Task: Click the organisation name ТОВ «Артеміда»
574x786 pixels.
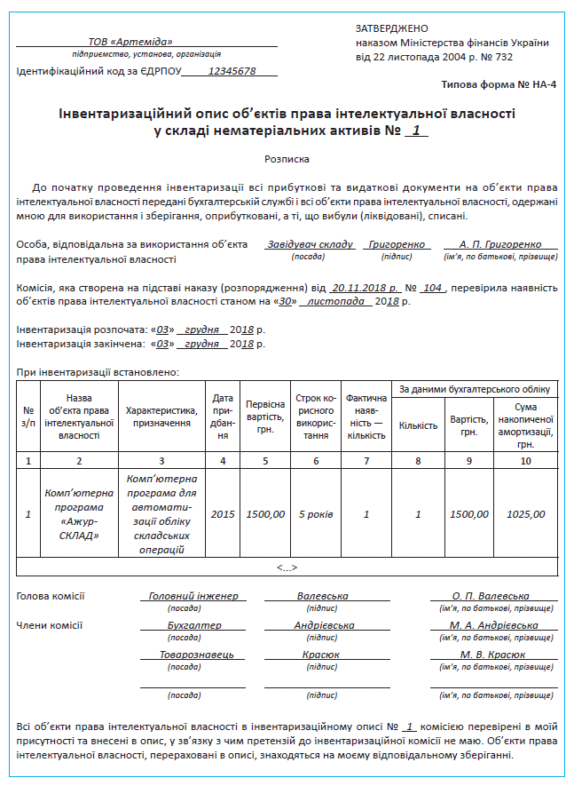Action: click(130, 42)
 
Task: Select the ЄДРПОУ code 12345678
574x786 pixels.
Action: click(231, 71)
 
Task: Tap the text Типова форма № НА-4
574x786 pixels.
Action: click(499, 84)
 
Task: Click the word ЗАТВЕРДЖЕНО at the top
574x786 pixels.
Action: click(391, 29)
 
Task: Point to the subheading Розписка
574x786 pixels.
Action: click(287, 160)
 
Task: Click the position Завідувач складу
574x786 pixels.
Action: click(310, 244)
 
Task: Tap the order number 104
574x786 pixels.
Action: click(432, 288)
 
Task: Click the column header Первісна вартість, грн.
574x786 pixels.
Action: click(266, 417)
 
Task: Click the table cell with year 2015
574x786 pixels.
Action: click(222, 514)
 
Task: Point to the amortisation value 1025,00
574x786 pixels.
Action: click(526, 514)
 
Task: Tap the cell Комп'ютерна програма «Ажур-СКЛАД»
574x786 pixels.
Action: click(79, 513)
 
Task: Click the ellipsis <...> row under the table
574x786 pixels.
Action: click(287, 568)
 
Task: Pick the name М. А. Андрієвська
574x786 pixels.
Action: click(494, 625)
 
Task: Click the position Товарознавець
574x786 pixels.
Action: click(190, 655)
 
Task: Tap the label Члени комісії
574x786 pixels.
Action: click(49, 625)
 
